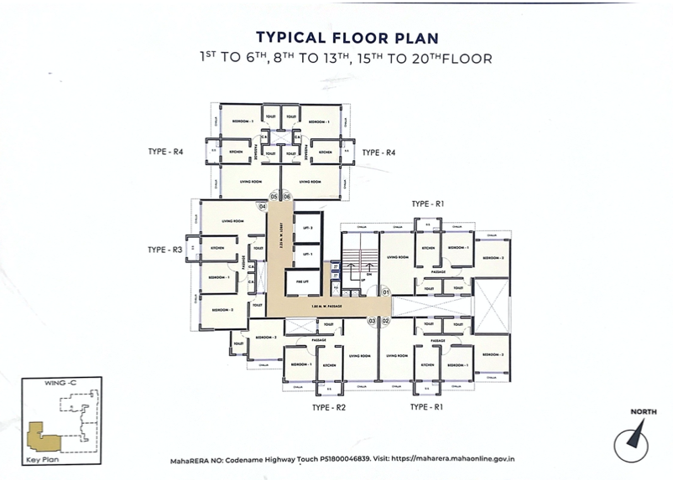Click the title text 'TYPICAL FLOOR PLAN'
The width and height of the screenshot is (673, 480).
(x=347, y=38)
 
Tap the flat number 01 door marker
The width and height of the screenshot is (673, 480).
(x=386, y=292)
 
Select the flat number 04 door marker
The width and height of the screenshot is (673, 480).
(x=263, y=205)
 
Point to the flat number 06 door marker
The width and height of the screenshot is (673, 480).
(x=286, y=197)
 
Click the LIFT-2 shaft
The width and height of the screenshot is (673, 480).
(x=307, y=228)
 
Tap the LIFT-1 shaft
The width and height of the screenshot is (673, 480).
(x=307, y=253)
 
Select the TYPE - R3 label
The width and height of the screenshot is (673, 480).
(x=165, y=250)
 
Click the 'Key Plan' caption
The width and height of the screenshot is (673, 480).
(x=42, y=461)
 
